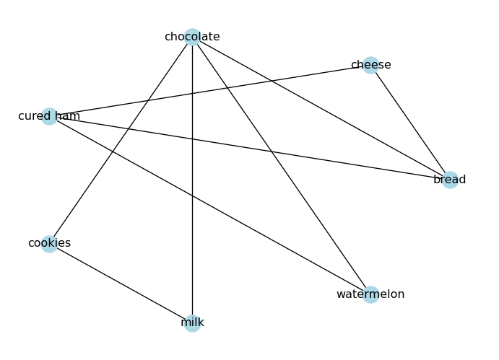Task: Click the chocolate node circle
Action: (192, 38)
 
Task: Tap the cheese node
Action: (370, 66)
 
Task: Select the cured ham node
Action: (49, 116)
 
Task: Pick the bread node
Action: (449, 180)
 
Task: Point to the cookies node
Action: (49, 244)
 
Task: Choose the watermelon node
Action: (370, 294)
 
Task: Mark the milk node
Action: (192, 322)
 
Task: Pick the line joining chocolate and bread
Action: (321, 108)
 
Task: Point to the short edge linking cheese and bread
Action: (409, 123)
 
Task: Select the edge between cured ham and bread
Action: (347, 163)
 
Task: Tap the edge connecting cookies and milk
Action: (121, 284)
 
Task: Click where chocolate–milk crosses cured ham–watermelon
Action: (192, 196)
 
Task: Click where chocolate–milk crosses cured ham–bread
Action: (192, 139)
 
